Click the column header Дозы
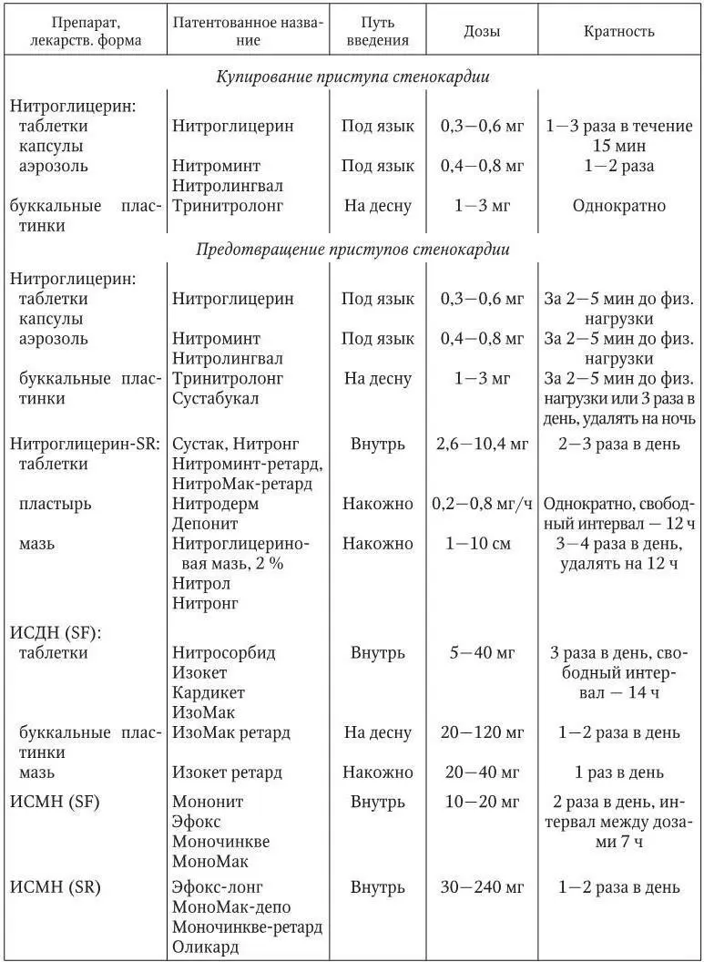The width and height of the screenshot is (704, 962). click(481, 31)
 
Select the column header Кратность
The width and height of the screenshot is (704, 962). click(618, 31)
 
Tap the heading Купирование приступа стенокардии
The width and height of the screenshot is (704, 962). click(352, 77)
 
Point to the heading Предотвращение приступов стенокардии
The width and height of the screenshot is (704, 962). click(352, 248)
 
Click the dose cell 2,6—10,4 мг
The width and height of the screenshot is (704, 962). click(481, 444)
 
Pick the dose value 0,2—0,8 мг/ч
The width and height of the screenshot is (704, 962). click(482, 504)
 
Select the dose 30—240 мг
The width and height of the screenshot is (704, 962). click(481, 886)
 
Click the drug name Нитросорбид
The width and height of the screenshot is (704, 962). click(224, 652)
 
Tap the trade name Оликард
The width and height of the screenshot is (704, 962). click(206, 947)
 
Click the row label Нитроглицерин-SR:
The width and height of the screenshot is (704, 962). click(86, 444)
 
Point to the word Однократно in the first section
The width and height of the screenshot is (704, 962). click(618, 206)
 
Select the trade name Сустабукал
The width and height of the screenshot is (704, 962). click(216, 398)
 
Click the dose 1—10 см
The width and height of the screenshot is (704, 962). click(481, 544)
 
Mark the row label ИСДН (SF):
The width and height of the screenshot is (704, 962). click(55, 631)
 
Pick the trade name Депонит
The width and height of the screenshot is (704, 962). click(205, 524)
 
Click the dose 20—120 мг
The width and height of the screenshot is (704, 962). click(481, 732)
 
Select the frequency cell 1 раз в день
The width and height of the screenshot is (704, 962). click(618, 773)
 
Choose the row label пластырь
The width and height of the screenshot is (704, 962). click(55, 504)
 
